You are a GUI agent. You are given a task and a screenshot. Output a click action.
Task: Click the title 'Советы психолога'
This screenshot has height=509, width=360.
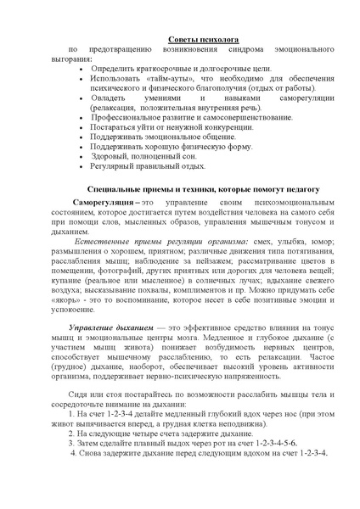pos(203,40)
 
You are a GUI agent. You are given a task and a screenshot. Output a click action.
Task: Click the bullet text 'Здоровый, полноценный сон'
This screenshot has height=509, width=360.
pos(153,155)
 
